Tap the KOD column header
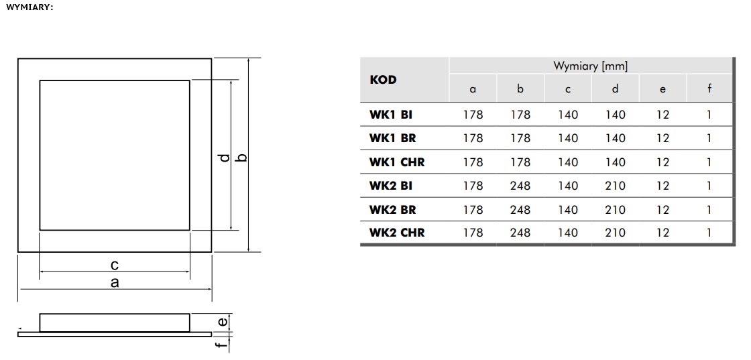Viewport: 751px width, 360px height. pyautogui.click(x=383, y=80)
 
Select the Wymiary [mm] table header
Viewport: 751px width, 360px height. pyautogui.click(x=591, y=66)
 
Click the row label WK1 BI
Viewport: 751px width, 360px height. pyautogui.click(x=390, y=115)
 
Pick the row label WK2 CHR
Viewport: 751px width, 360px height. pyautogui.click(x=396, y=233)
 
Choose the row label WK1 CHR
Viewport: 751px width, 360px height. pyautogui.click(x=396, y=162)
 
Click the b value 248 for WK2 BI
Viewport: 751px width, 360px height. pyautogui.click(x=520, y=186)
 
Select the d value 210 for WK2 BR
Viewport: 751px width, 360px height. pyautogui.click(x=615, y=210)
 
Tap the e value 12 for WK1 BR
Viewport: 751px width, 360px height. pyautogui.click(x=662, y=138)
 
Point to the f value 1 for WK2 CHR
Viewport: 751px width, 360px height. pyautogui.click(x=709, y=233)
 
